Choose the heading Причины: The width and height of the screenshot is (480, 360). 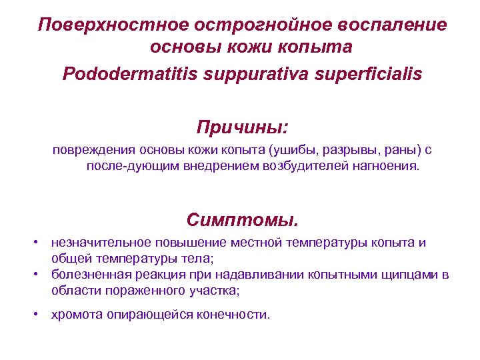242,127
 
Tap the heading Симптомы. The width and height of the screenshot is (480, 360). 243,219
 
